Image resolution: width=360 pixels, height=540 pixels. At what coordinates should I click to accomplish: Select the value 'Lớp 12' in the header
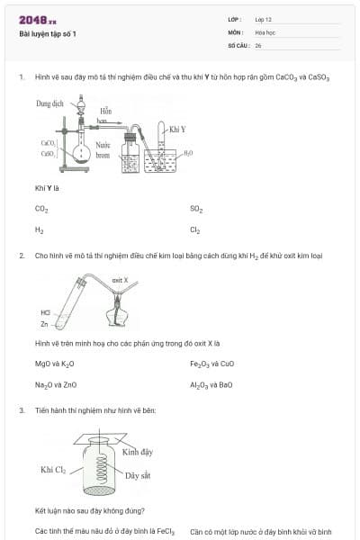pyautogui.click(x=263, y=19)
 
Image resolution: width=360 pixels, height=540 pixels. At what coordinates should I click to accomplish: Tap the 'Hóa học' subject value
pyautogui.click(x=265, y=31)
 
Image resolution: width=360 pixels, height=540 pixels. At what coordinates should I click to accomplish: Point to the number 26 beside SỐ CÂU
pyautogui.click(x=258, y=45)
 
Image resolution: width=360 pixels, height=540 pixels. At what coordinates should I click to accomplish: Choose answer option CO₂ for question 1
pyautogui.click(x=41, y=209)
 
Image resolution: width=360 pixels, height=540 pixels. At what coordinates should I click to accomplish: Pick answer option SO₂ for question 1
pyautogui.click(x=196, y=209)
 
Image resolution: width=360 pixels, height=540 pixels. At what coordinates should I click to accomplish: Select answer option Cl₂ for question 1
pyautogui.click(x=195, y=230)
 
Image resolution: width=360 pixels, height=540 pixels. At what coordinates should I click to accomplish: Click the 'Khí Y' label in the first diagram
pyautogui.click(x=178, y=130)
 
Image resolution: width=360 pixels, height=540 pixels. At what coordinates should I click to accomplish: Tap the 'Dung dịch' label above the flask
pyautogui.click(x=50, y=104)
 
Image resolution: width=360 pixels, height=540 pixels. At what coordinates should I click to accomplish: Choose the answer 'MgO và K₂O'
pyautogui.click(x=54, y=364)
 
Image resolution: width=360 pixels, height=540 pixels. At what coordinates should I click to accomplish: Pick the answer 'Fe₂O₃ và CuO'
pyautogui.click(x=211, y=364)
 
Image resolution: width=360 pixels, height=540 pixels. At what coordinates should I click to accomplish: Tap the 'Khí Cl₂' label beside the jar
pyautogui.click(x=54, y=470)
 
